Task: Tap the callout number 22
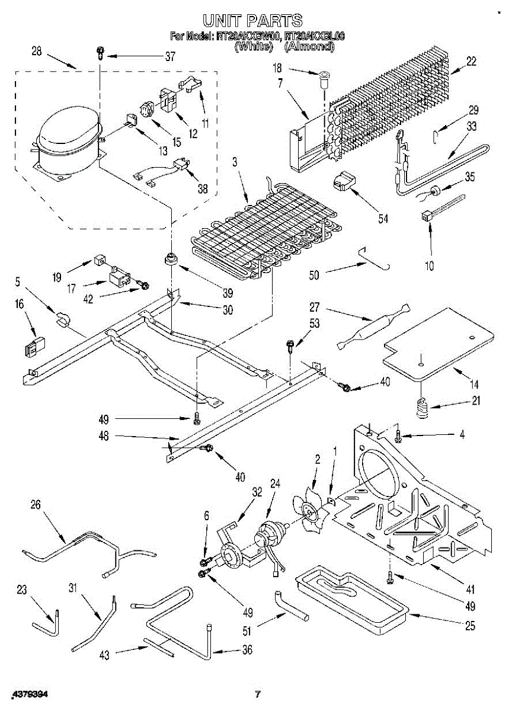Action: click(472, 60)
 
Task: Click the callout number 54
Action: click(383, 219)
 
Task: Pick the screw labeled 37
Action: click(100, 55)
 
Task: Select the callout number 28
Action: click(36, 52)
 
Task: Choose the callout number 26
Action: click(36, 504)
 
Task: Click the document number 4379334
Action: click(28, 694)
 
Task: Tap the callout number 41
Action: click(471, 590)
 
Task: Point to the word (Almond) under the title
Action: click(309, 47)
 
